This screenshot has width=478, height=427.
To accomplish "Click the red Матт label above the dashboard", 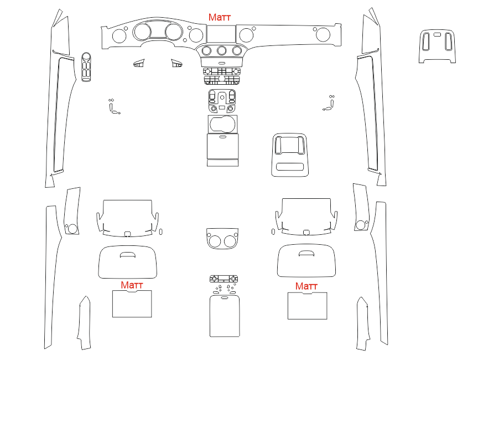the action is [220, 17].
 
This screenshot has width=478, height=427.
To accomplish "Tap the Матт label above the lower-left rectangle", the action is [132, 285].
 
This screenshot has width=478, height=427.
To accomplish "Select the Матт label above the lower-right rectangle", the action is [306, 286].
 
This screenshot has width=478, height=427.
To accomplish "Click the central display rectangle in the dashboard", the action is [221, 34].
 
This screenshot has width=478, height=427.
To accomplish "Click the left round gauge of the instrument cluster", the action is [142, 32].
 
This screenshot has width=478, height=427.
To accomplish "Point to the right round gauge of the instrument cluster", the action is [174, 32].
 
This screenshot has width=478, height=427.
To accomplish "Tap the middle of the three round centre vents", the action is [222, 50].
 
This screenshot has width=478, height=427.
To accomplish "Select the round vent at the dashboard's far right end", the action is [323, 34].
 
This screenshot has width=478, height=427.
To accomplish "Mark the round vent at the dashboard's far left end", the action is [119, 36].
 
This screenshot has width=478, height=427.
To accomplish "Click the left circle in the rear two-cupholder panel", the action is [215, 241].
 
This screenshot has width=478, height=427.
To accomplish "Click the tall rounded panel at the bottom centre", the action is [225, 316].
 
